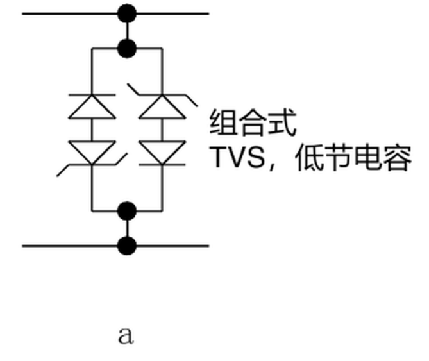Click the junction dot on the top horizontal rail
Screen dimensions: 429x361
click(x=127, y=13)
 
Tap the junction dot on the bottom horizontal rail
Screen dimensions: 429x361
click(x=127, y=246)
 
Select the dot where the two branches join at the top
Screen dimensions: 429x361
click(x=127, y=48)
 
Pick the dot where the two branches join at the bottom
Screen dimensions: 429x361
click(x=127, y=211)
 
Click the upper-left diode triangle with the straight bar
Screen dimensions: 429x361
click(x=92, y=106)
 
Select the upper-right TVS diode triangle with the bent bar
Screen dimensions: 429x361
click(x=162, y=106)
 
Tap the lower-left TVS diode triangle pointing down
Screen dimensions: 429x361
click(x=92, y=153)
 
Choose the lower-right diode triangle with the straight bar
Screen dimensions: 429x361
click(x=162, y=153)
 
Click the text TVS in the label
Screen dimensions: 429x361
click(x=237, y=157)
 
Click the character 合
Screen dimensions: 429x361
click(x=253, y=122)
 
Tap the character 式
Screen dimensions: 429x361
click(x=283, y=122)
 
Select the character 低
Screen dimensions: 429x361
click(x=309, y=158)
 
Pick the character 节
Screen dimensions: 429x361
click(x=339, y=158)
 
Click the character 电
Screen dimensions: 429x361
click(x=368, y=158)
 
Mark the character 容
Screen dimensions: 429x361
click(x=398, y=158)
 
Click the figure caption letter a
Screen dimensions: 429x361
click(x=126, y=335)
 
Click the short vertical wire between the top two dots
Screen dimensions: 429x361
click(x=127, y=31)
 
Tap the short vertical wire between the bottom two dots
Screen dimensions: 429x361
click(x=127, y=228)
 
